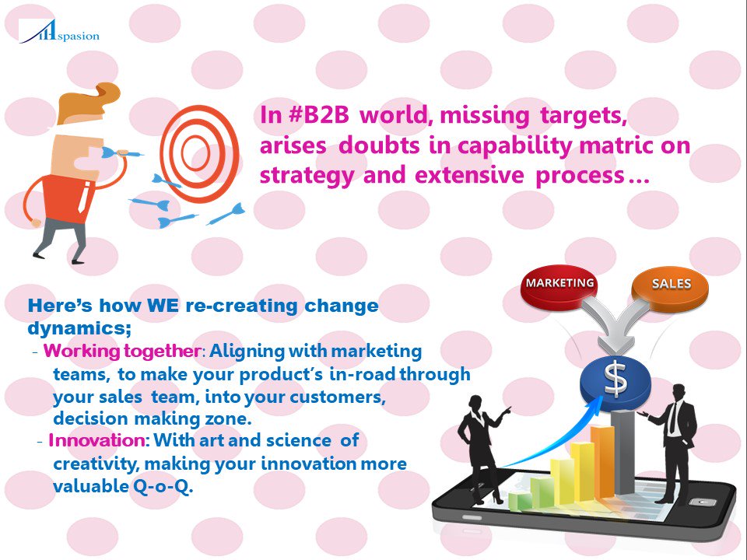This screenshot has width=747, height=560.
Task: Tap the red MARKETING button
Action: pyautogui.click(x=560, y=284)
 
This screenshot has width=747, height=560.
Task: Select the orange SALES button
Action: pyautogui.click(x=670, y=285)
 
